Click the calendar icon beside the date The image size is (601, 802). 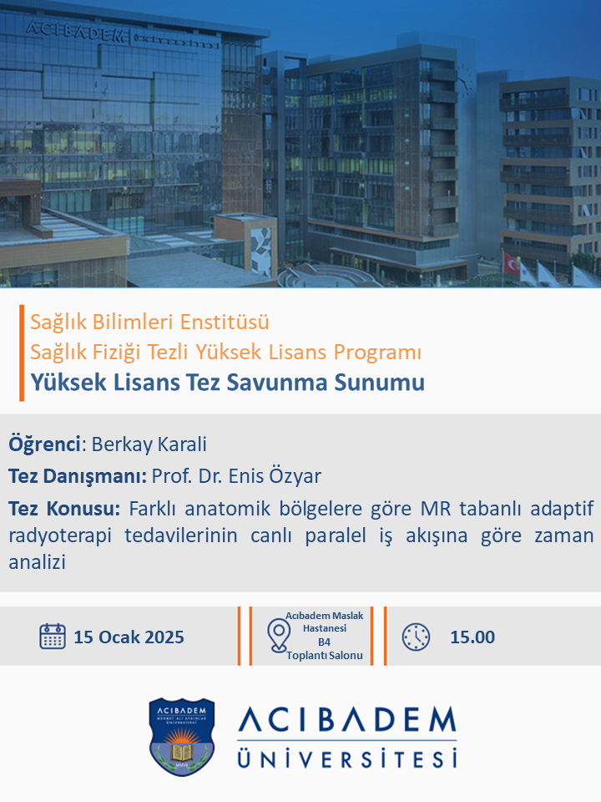[x=52, y=637]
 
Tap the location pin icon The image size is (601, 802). [x=279, y=635]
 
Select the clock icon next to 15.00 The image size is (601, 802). [x=416, y=637]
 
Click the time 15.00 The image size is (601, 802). [x=472, y=637]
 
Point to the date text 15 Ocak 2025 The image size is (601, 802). [x=129, y=637]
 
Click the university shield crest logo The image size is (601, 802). [x=181, y=737]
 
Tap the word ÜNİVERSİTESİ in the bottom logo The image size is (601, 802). [x=347, y=758]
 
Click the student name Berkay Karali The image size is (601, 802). [x=149, y=444]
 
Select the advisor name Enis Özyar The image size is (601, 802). [x=275, y=475]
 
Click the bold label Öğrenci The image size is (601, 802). [x=44, y=444]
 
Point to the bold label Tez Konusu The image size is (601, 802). [x=64, y=509]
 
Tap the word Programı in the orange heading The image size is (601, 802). [x=377, y=353]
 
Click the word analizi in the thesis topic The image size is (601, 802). [x=38, y=562]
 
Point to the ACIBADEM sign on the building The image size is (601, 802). [x=76, y=32]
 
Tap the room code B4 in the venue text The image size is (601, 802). [x=324, y=642]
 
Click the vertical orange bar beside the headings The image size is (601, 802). [x=22, y=353]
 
